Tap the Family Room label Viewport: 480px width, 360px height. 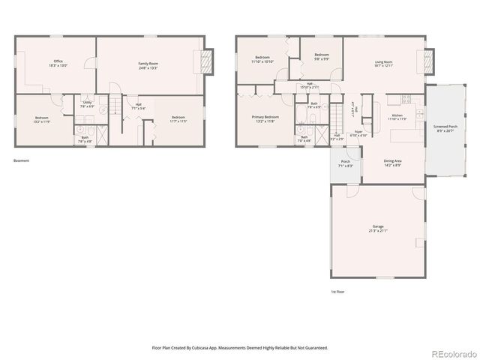point(148,66)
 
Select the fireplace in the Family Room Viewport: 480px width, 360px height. point(208,62)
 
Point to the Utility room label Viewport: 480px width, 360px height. point(87,104)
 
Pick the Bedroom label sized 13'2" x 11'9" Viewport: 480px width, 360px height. point(42,119)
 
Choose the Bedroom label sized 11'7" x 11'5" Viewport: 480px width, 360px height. point(178,119)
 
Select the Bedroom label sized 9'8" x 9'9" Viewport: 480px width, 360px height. point(322,57)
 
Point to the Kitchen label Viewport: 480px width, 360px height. point(395,116)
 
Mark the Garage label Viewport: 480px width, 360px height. point(377,229)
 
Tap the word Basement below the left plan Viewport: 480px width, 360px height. point(21,160)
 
